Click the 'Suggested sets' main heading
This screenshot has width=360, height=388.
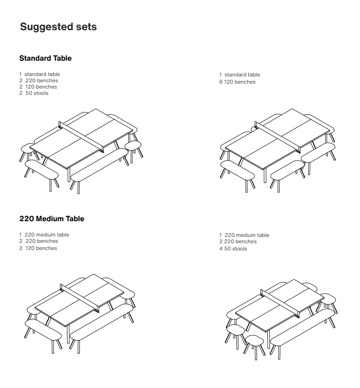tap(58, 27)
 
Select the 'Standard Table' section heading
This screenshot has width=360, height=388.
tap(45, 58)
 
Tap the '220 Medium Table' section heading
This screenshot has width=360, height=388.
tap(52, 219)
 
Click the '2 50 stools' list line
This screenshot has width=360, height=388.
tap(34, 93)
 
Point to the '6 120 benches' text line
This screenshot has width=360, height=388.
tap(237, 82)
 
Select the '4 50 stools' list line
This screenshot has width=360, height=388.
tap(233, 249)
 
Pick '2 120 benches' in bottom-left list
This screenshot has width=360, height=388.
tap(38, 248)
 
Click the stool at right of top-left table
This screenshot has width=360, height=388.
tap(133, 145)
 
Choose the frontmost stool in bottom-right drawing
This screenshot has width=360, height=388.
tap(255, 340)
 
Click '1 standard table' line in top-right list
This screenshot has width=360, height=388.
tap(239, 75)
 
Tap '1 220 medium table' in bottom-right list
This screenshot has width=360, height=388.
tap(244, 235)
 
